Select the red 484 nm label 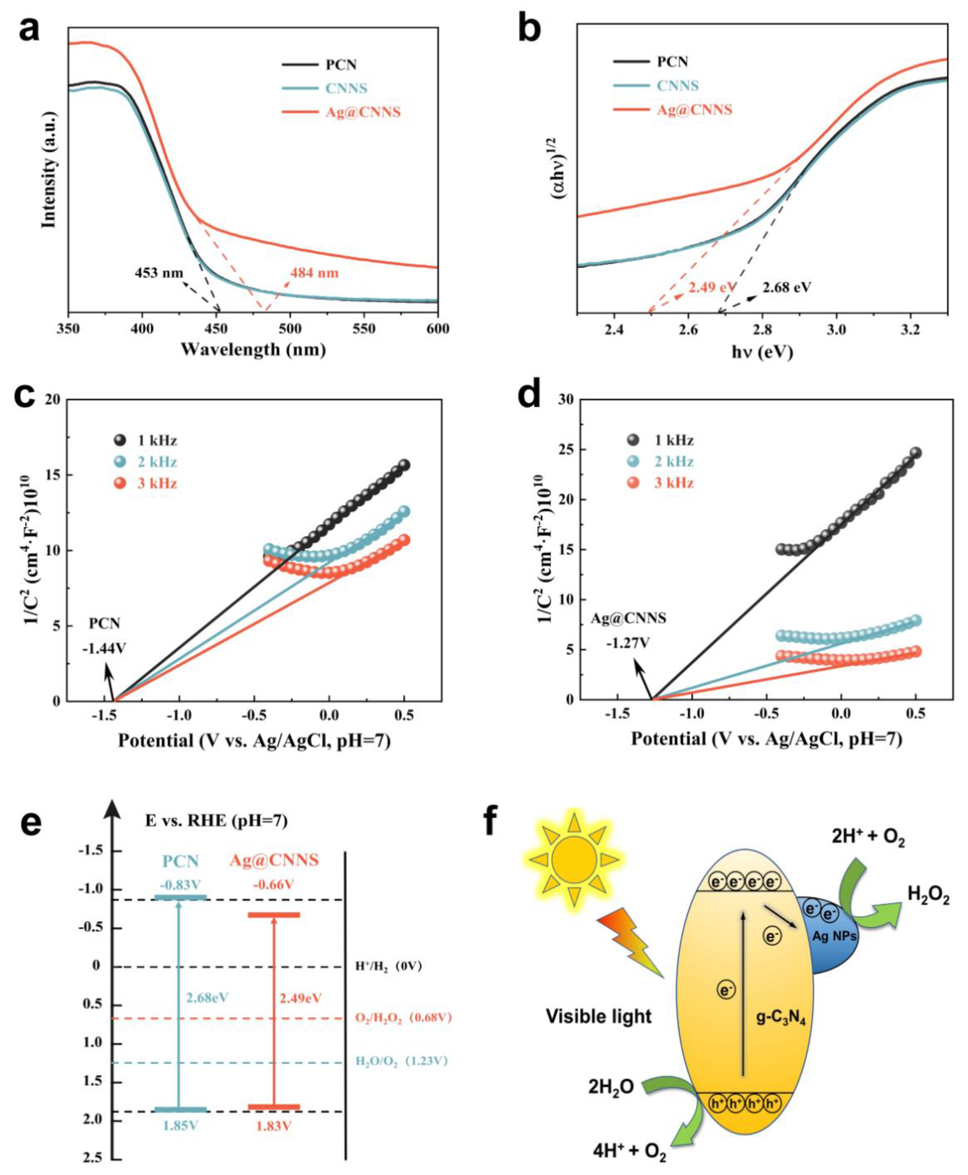[x=314, y=273]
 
